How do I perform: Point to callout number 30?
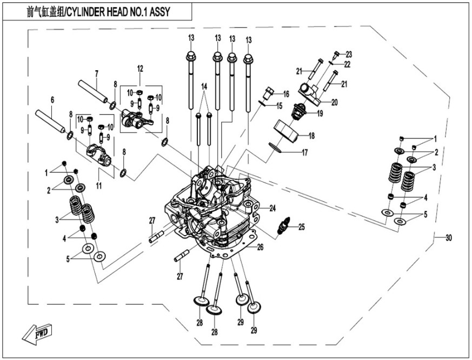tap(448, 238)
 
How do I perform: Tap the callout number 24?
tap(272, 208)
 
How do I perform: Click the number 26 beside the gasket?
tap(260, 248)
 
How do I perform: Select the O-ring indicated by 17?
tap(276, 146)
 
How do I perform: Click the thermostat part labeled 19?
tap(297, 112)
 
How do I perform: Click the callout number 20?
tap(334, 102)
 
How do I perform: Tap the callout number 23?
tap(349, 54)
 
